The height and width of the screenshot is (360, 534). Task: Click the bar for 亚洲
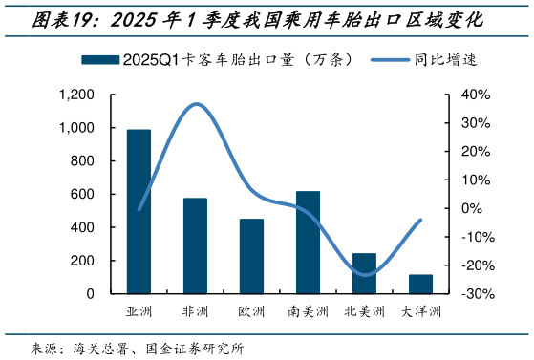click(x=139, y=211)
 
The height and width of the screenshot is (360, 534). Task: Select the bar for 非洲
click(x=195, y=245)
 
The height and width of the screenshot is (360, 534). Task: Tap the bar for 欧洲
click(x=251, y=256)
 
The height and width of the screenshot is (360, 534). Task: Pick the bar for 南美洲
click(x=308, y=243)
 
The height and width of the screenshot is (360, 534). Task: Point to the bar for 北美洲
click(x=364, y=273)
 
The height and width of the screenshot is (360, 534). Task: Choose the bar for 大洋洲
click(x=420, y=284)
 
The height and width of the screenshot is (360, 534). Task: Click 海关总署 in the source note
click(x=99, y=348)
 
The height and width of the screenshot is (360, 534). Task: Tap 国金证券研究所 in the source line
click(x=195, y=348)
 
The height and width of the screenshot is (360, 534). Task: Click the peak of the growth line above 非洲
click(x=197, y=104)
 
